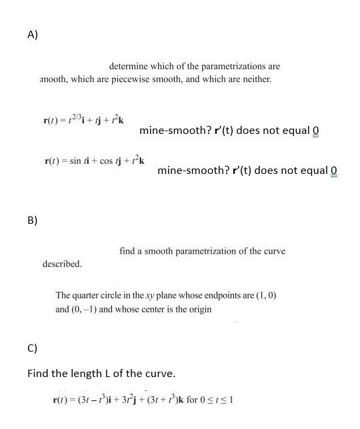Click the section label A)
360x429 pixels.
coord(33,35)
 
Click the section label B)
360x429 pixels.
coord(33,219)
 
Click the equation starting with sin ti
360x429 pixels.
coord(94,161)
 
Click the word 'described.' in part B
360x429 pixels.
coord(62,264)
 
